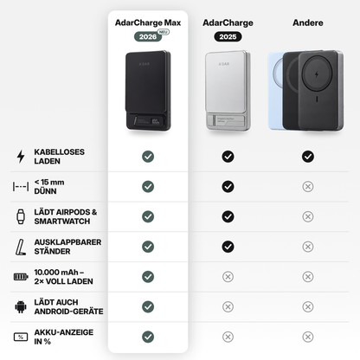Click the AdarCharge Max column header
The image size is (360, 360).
pyautogui.click(x=148, y=22)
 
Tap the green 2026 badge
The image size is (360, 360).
pyautogui.click(x=148, y=36)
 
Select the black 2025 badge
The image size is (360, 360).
pyautogui.click(x=228, y=36)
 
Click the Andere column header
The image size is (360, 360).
pyautogui.click(x=308, y=22)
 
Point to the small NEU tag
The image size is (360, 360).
pyautogui.click(x=164, y=32)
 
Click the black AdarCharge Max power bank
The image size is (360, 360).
pyautogui.click(x=148, y=91)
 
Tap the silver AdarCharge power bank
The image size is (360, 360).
pyautogui.click(x=228, y=91)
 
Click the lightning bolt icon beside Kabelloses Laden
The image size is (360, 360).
pyautogui.click(x=21, y=157)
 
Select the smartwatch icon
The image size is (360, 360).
pyautogui.click(x=21, y=216)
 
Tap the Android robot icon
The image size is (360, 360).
pyautogui.click(x=21, y=306)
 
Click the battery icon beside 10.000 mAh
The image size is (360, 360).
pyautogui.click(x=21, y=277)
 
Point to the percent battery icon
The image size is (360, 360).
pyautogui.click(x=21, y=337)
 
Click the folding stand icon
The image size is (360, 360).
pyautogui.click(x=21, y=247)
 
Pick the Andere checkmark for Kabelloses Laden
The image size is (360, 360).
pyautogui.click(x=308, y=157)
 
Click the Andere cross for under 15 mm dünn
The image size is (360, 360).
pyautogui.click(x=308, y=187)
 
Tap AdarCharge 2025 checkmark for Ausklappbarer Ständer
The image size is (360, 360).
pyautogui.click(x=228, y=247)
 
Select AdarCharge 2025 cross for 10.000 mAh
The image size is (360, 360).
pyautogui.click(x=228, y=277)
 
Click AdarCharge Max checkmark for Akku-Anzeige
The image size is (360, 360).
pyautogui.click(x=148, y=337)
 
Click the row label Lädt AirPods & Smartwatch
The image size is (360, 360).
pyautogui.click(x=66, y=216)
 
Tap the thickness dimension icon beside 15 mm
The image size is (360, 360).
pyautogui.click(x=21, y=187)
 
